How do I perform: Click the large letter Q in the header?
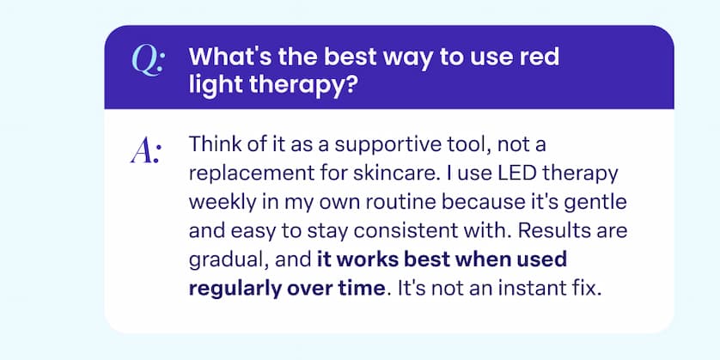coord(148,61)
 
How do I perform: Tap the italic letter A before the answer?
coord(147,152)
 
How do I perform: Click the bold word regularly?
coord(232,288)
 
